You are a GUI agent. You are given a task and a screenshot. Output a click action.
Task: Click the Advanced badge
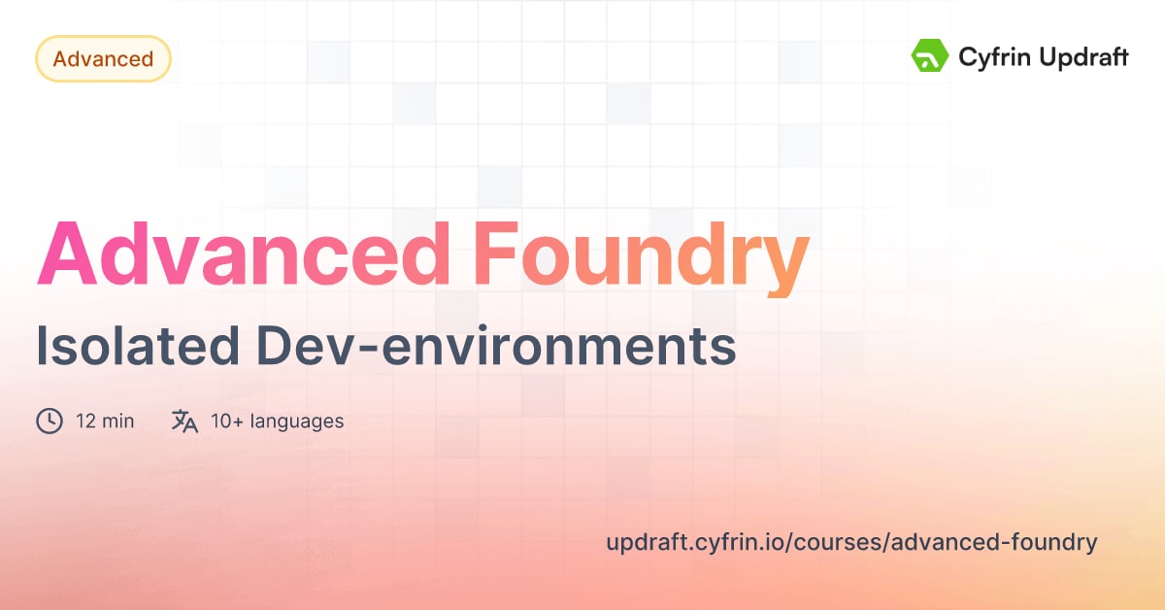coord(103,59)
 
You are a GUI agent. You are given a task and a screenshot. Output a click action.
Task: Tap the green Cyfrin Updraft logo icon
coord(929,56)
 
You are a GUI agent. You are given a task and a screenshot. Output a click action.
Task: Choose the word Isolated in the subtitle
coord(131,347)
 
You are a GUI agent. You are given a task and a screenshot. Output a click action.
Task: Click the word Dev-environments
coord(493,347)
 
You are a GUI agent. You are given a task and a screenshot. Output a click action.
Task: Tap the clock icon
coord(50,421)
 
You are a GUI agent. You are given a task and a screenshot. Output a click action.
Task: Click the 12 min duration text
coord(105,422)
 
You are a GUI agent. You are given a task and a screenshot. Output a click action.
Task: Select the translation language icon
coord(184,421)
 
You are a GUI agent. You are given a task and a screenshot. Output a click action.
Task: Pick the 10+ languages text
coord(277,422)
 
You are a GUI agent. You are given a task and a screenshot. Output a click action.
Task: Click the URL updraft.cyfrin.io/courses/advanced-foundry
coord(851,542)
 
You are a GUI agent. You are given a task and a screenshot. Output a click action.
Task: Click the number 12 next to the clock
coord(85,422)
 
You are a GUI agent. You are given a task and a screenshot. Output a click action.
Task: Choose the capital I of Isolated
coord(42,347)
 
